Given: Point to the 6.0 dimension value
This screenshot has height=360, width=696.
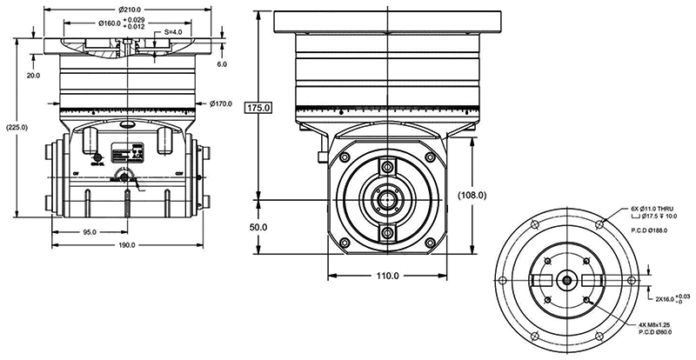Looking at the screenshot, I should click(222, 64).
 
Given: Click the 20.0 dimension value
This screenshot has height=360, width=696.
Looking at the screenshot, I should click(33, 76).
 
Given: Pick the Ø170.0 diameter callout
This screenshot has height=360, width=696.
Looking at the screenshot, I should click(221, 103).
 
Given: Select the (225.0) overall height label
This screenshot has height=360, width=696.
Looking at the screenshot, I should click(17, 127).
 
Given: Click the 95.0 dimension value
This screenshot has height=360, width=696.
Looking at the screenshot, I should click(89, 232).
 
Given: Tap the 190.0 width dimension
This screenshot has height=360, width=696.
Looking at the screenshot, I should click(127, 245).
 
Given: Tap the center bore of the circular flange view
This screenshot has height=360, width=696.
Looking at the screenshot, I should click(566, 280).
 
